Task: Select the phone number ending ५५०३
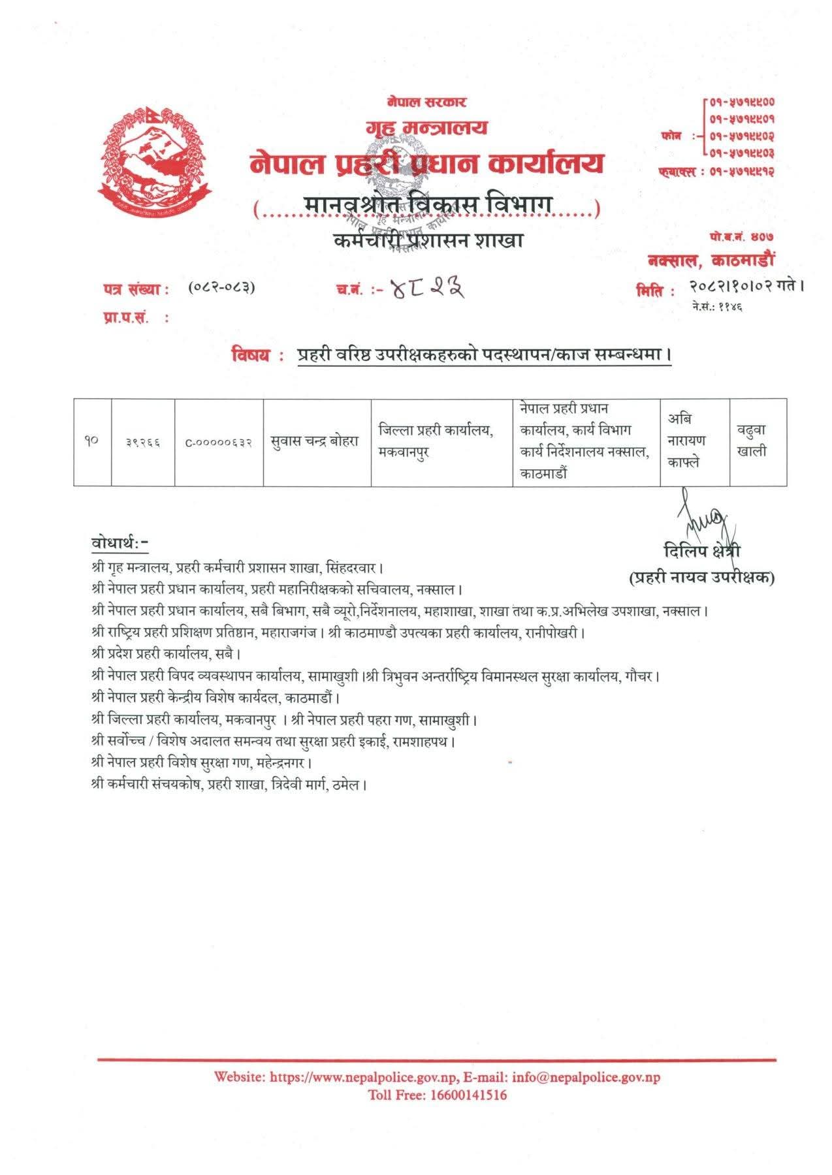coord(741,154)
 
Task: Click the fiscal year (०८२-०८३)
coord(221,287)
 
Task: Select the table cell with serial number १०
coord(92,442)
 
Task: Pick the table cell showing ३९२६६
coord(143,443)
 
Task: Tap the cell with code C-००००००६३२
coord(219,443)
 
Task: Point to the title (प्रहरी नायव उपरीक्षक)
coord(701,577)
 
